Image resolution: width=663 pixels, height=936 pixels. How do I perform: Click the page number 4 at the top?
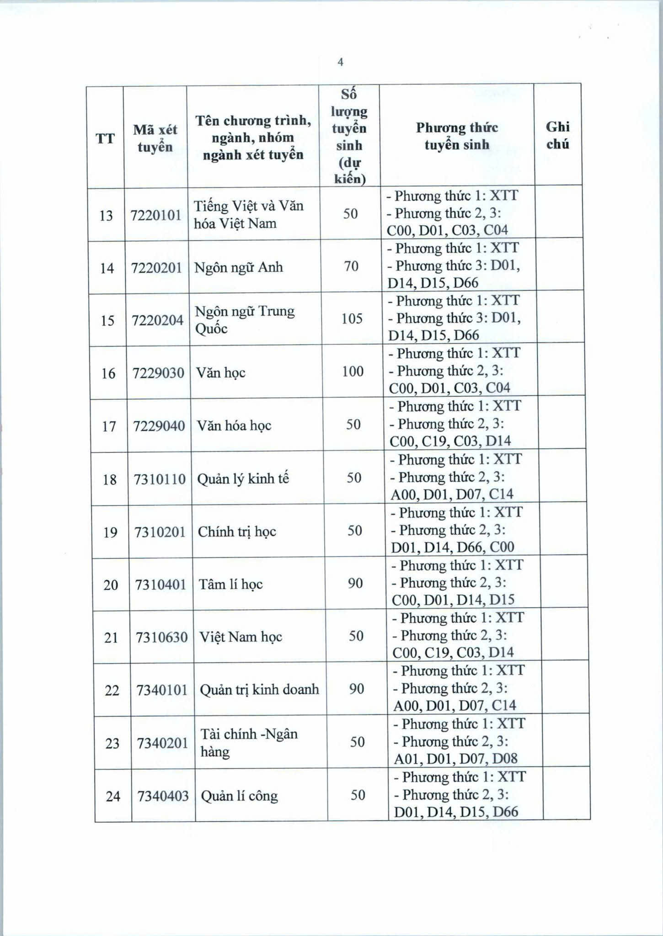click(x=340, y=62)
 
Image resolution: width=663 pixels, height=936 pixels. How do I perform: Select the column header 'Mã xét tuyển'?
click(x=155, y=138)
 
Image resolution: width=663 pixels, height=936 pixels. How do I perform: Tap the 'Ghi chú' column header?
click(x=557, y=136)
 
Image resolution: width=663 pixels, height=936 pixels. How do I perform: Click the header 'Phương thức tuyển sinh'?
click(x=457, y=136)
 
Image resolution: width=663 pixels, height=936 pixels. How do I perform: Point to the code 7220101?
click(x=156, y=215)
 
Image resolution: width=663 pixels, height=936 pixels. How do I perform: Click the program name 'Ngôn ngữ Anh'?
click(x=238, y=267)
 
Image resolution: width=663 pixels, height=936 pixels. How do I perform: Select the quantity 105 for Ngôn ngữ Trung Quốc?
click(x=352, y=319)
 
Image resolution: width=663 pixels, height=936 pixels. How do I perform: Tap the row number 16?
click(x=108, y=373)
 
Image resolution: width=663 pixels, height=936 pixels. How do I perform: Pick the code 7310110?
click(x=160, y=479)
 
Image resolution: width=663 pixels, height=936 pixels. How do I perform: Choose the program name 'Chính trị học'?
click(x=237, y=532)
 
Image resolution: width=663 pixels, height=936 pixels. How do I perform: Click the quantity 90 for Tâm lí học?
click(x=355, y=583)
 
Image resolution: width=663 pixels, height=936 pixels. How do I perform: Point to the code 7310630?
click(x=161, y=637)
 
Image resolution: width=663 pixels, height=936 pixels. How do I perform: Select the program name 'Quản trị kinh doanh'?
click(x=259, y=689)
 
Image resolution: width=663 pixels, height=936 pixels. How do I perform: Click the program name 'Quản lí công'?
click(x=239, y=796)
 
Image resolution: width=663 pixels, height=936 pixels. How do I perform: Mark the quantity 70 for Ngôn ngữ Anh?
click(x=351, y=266)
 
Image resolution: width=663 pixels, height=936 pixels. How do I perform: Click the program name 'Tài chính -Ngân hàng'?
click(x=249, y=743)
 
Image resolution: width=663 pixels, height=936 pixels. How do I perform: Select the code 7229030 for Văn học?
click(x=158, y=373)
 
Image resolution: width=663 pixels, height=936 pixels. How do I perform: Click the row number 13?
click(x=106, y=215)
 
